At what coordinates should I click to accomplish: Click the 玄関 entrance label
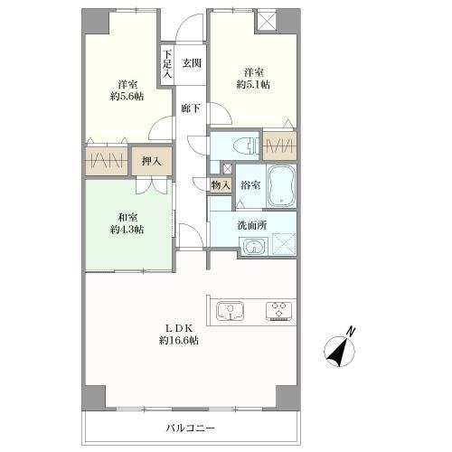coord(192,63)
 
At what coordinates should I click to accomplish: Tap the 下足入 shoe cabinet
coord(167,64)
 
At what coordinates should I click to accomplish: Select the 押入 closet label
coord(151,162)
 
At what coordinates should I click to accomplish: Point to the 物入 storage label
coord(221,185)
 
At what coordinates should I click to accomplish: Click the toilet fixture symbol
coord(246,146)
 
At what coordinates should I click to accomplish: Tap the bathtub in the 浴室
coord(281,185)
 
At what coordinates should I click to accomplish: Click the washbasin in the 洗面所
coord(254,247)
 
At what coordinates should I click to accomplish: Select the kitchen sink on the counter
coord(231,311)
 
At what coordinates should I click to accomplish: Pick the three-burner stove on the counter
coord(278,311)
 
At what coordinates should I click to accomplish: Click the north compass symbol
coord(340,350)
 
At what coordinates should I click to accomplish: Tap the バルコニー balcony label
coord(191,428)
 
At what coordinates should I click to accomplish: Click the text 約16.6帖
coord(179,341)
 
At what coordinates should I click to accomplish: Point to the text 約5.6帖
coord(127,97)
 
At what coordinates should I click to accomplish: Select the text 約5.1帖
coord(253,84)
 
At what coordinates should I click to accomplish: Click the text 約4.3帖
coord(127,230)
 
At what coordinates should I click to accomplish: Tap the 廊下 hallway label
coord(191,108)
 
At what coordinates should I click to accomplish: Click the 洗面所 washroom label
coord(252,225)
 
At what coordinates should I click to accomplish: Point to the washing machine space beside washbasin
coord(284,244)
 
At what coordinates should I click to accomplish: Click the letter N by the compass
coord(351,331)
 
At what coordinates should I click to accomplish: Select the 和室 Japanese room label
coord(127,217)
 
